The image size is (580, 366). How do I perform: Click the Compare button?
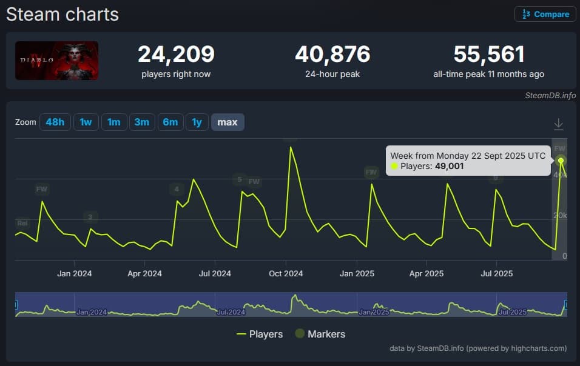tap(545, 14)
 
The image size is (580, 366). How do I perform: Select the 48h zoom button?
tap(55, 122)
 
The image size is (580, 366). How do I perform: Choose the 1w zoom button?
tap(86, 122)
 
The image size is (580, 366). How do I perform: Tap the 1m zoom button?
tap(113, 122)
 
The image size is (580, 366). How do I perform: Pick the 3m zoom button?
tap(142, 122)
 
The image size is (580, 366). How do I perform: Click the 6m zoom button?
tap(170, 122)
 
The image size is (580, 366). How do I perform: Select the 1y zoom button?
tap(197, 122)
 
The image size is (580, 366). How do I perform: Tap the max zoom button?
tap(228, 122)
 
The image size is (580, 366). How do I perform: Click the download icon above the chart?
tap(559, 124)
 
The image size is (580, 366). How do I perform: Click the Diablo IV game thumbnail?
tap(57, 61)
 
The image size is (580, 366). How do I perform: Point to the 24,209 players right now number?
tap(176, 55)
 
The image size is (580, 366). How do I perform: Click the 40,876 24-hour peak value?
tap(332, 55)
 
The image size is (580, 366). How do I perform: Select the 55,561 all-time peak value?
tap(488, 55)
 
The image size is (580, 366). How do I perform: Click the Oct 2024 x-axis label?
tap(286, 273)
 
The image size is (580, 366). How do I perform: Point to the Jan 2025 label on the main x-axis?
tap(356, 273)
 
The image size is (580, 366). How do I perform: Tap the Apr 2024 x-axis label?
tap(144, 273)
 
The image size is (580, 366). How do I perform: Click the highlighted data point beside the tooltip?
tap(561, 161)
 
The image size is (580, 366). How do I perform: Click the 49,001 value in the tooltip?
tap(450, 166)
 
